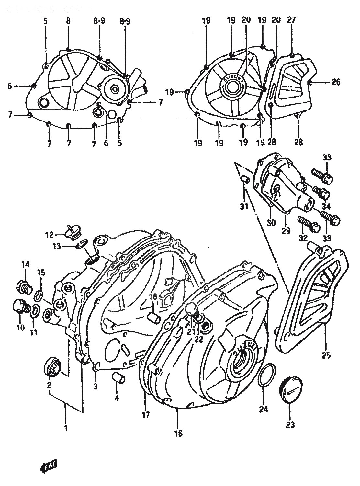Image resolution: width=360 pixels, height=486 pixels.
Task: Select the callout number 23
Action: (290, 424)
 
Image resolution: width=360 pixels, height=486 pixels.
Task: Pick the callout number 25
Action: (326, 355)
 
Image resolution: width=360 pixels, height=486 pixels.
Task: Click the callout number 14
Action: (26, 265)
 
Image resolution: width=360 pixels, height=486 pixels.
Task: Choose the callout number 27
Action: (291, 20)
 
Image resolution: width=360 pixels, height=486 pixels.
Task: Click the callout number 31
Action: (243, 205)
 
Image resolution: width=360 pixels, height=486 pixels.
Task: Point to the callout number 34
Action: (326, 206)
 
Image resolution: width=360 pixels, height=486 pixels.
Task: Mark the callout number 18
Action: (153, 297)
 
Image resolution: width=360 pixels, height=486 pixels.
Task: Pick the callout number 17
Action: (146, 414)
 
